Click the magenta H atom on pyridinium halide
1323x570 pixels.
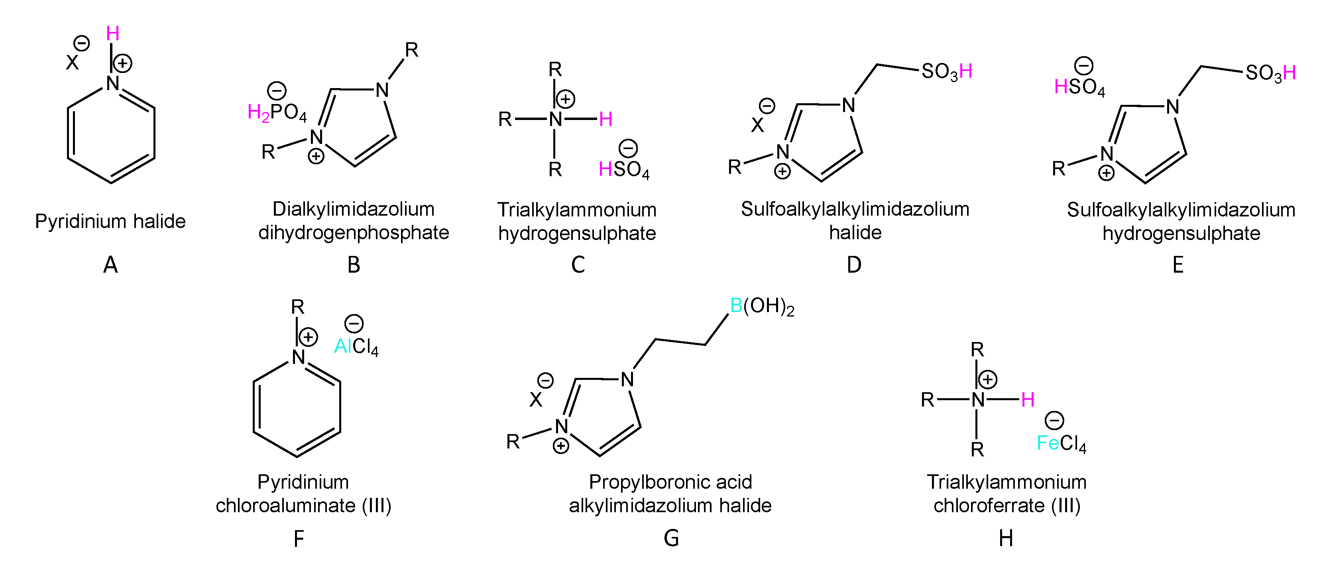point(112,34)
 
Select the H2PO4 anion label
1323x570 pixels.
point(277,112)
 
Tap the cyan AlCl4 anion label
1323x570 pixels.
point(356,347)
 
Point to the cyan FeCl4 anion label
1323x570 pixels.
point(1061,443)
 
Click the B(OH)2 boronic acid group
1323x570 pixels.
point(762,307)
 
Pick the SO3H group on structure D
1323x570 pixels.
point(947,72)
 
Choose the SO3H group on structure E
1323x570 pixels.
point(1270,73)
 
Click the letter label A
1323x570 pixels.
point(110,265)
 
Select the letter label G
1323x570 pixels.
point(671,538)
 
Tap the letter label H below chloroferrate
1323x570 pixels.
point(1006,538)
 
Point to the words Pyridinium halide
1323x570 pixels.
point(110,221)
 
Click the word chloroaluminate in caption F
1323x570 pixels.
point(285,506)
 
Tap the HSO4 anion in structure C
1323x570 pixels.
point(624,169)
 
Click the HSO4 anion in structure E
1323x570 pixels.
point(1079,87)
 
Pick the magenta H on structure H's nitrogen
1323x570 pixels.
point(1027,399)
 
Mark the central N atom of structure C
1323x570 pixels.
point(555,120)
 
